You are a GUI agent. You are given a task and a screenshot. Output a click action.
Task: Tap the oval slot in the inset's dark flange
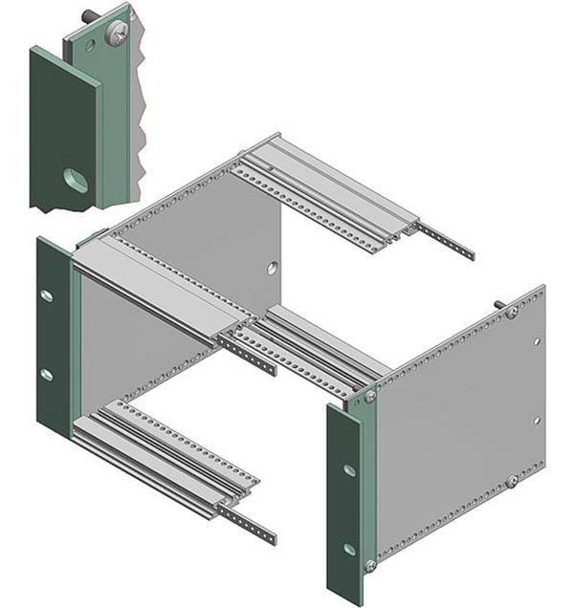[75, 180]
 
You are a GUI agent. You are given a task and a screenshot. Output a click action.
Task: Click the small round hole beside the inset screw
[89, 45]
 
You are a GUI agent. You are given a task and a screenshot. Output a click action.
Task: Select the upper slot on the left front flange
[46, 295]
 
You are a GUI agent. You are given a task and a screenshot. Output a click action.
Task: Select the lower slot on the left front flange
[46, 374]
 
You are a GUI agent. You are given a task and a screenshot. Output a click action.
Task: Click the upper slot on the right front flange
[349, 469]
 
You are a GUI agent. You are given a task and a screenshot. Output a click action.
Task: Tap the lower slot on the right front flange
[349, 549]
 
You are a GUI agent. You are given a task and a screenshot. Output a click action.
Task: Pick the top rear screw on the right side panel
[513, 312]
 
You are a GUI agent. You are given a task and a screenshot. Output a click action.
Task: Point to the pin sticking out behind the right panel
[499, 305]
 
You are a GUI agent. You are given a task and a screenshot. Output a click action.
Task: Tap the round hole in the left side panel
[273, 268]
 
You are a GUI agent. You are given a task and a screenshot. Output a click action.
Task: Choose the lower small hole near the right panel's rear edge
[537, 420]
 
